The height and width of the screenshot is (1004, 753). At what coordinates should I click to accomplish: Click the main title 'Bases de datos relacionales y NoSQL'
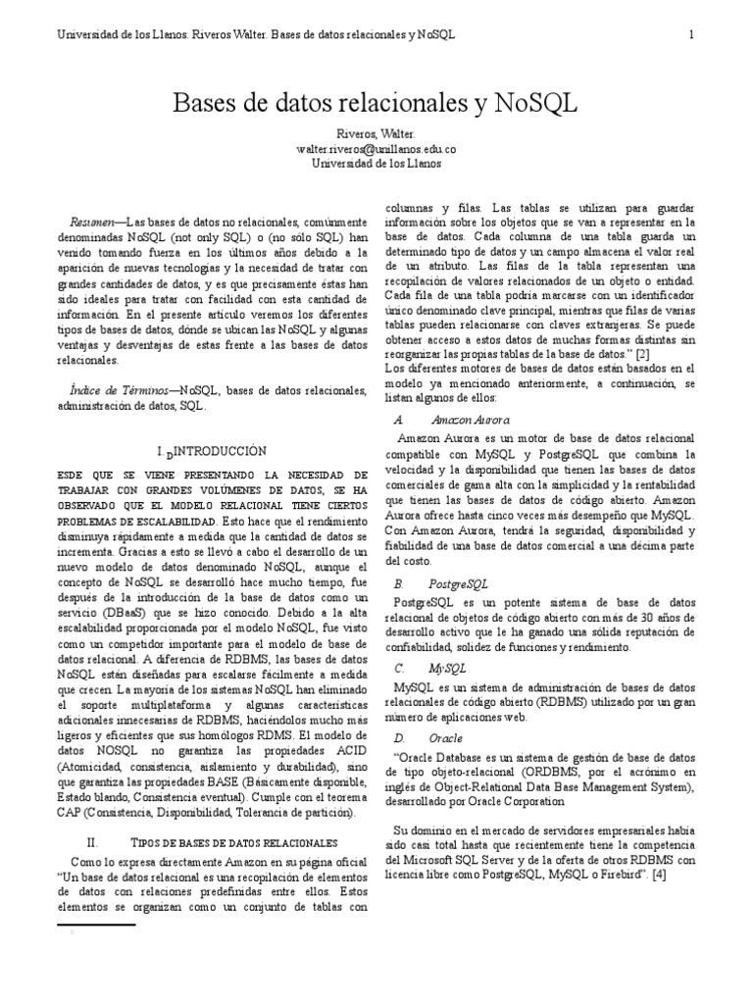point(376,103)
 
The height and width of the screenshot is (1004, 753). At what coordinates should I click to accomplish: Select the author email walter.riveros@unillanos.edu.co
point(376,148)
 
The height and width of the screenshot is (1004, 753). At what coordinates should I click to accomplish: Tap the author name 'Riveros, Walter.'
point(376,133)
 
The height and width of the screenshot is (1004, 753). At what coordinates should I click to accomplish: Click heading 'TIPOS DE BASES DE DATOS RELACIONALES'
point(234,842)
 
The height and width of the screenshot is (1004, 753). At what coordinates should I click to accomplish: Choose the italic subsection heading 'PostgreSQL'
point(458,582)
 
